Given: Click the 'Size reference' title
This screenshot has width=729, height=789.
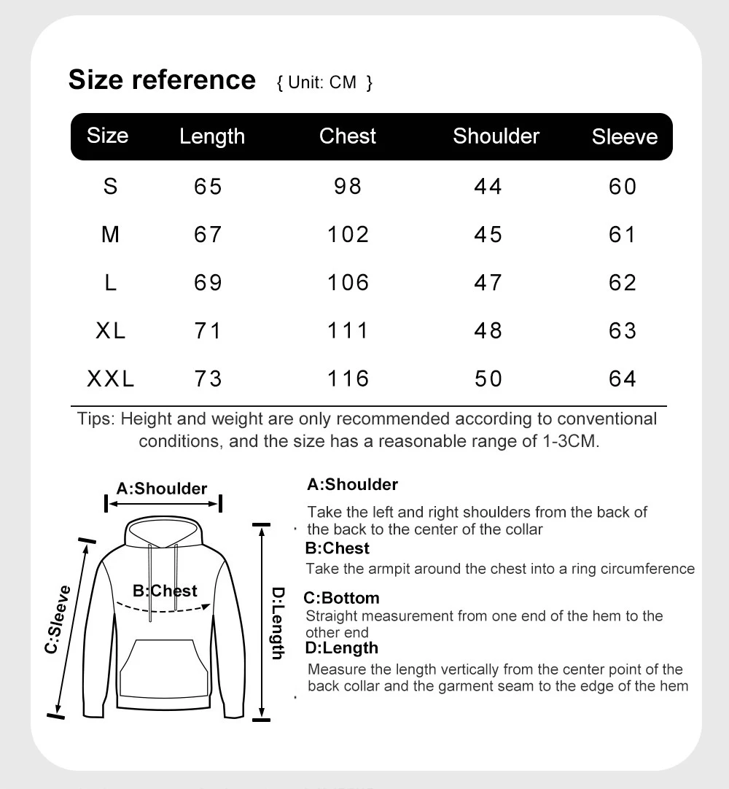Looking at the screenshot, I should click(x=162, y=79).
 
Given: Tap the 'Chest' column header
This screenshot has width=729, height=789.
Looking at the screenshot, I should click(x=348, y=136).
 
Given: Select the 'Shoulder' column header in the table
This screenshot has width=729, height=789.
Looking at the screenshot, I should click(x=496, y=136).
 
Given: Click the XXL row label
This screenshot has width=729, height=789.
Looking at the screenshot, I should click(x=111, y=379).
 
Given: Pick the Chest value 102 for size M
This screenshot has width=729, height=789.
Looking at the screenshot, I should click(x=348, y=235).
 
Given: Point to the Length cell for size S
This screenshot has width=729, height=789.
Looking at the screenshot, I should click(x=208, y=187).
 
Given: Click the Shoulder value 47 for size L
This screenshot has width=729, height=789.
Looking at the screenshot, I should click(x=488, y=283).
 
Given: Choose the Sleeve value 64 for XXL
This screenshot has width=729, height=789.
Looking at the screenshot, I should click(x=623, y=379).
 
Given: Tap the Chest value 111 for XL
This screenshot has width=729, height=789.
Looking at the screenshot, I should click(x=348, y=331).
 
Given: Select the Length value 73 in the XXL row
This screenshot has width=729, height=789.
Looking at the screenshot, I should click(x=208, y=379).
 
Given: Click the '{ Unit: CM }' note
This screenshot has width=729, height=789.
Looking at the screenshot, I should click(x=324, y=82).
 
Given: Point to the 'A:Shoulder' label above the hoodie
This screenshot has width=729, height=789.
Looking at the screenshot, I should click(x=162, y=489).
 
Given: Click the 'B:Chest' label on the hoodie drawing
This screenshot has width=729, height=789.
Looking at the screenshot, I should click(x=165, y=590).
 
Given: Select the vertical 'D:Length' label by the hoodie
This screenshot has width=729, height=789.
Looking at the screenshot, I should click(x=278, y=623).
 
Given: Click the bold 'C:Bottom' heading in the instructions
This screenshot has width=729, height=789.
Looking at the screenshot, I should click(x=342, y=598).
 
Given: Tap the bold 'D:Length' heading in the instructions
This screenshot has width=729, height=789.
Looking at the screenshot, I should click(x=341, y=648).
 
